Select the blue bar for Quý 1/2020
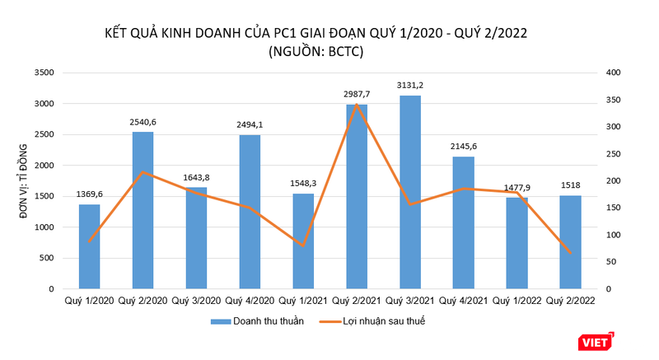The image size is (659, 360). tap(89, 246)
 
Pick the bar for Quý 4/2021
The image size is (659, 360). tap(464, 222)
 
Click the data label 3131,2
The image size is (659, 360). tap(410, 85)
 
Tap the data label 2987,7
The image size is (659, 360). tap(357, 94)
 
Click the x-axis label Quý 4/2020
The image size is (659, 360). tap(250, 302)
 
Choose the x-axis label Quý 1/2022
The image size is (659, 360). tap(517, 302)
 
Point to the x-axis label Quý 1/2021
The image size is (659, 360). tap(303, 302)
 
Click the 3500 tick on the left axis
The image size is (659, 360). tap(44, 72)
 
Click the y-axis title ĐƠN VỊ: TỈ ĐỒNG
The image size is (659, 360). tap(21, 181)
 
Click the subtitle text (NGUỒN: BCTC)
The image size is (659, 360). tap(315, 51)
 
